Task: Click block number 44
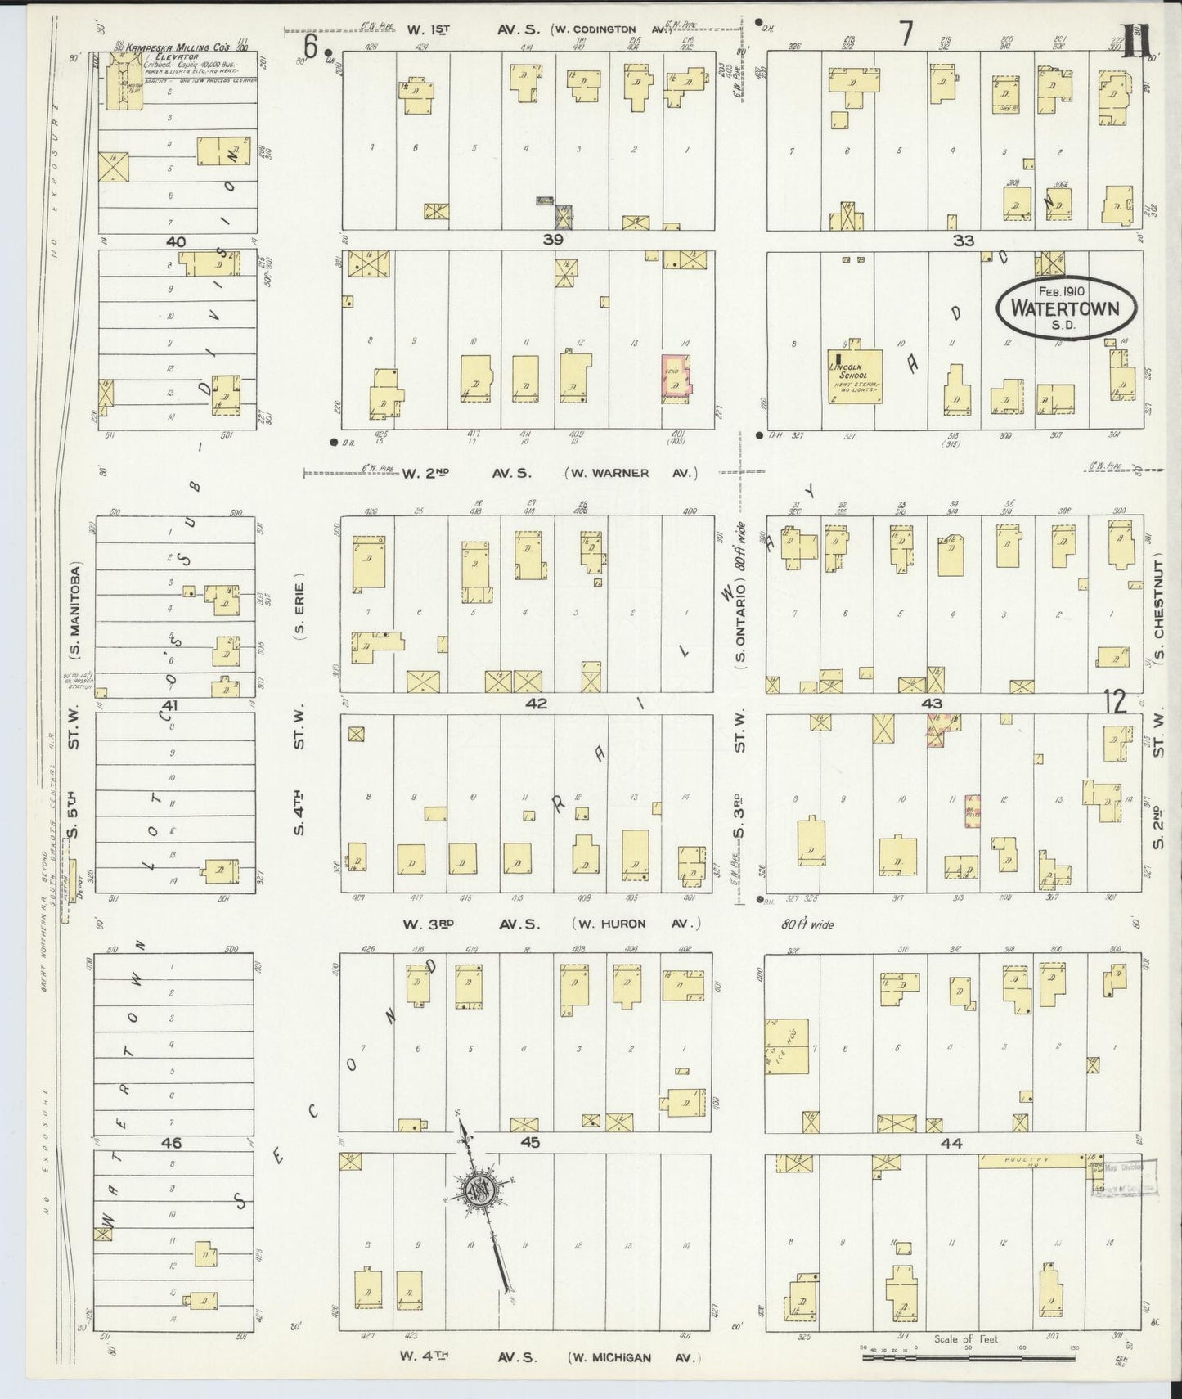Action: [951, 1144]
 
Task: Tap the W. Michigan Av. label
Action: [635, 1357]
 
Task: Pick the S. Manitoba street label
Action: [75, 612]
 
